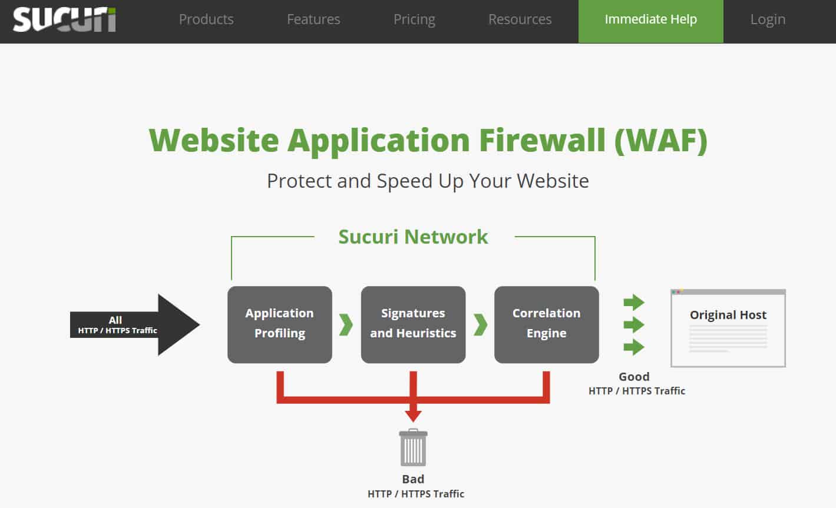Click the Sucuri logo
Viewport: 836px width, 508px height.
(x=64, y=19)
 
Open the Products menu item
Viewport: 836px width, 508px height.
(x=206, y=19)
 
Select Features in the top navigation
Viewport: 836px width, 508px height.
(x=313, y=19)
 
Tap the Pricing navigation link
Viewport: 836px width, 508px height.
(x=414, y=19)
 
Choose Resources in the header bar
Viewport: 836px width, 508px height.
(x=520, y=19)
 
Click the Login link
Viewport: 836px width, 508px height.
(x=768, y=19)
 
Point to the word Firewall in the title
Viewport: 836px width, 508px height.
(x=542, y=140)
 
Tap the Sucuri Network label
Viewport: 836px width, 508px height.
(x=413, y=237)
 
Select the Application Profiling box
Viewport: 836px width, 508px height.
(x=280, y=324)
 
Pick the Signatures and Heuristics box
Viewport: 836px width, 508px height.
(x=413, y=324)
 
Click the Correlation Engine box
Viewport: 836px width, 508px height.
(x=546, y=324)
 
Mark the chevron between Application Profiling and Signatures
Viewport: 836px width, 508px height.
(x=346, y=324)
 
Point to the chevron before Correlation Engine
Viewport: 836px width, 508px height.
(x=480, y=324)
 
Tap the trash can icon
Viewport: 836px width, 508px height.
(x=413, y=449)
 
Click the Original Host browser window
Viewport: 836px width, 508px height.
(x=728, y=328)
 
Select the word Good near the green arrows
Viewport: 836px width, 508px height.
(x=634, y=377)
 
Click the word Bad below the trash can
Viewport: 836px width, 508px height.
(x=413, y=479)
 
